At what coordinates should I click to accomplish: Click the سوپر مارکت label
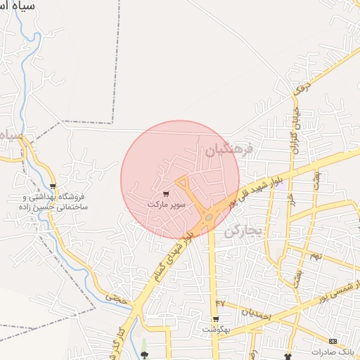point(167,204)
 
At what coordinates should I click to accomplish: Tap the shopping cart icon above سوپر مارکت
point(165,193)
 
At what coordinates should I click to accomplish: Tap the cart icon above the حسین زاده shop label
point(53,186)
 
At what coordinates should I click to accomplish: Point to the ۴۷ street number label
point(220,303)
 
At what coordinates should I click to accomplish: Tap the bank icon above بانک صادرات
point(333,341)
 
